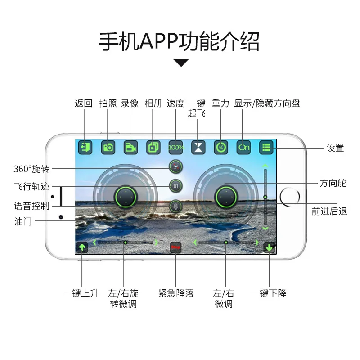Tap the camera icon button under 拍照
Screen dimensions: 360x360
point(108,147)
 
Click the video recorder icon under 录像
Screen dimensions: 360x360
point(130,147)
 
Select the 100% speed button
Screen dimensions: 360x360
point(175,147)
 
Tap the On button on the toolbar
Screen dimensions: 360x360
point(243,147)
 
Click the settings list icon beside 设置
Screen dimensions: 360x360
point(266,147)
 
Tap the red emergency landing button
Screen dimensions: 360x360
point(175,247)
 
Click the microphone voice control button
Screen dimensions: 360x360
point(175,206)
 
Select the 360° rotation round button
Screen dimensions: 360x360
point(175,167)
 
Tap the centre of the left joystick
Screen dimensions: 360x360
point(125,196)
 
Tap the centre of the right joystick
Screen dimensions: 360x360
point(226,196)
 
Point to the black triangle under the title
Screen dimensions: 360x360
point(181,63)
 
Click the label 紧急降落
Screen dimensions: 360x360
point(176,293)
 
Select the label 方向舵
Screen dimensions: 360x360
point(333,183)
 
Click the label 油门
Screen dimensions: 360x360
point(23,221)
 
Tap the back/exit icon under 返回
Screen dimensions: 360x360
point(85,147)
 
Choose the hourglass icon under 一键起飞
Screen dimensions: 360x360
point(198,147)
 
